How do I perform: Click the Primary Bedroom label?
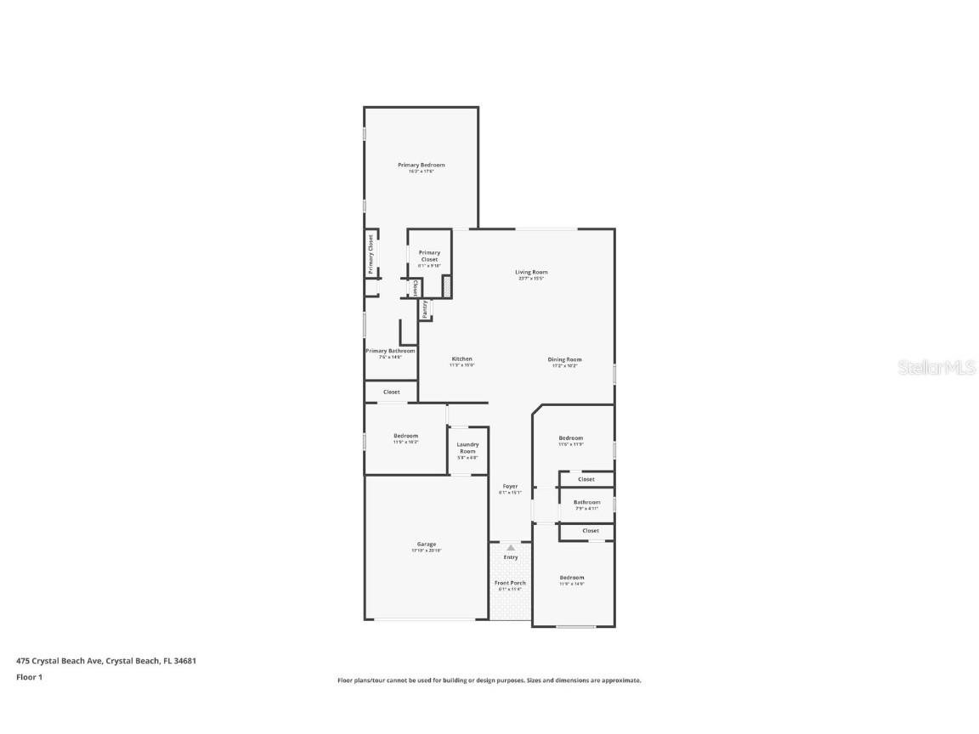(x=422, y=165)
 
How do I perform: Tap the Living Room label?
(x=531, y=272)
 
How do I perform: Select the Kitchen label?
(x=461, y=359)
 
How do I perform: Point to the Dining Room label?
(x=564, y=359)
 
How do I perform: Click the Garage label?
(x=426, y=544)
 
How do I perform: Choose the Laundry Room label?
(x=467, y=447)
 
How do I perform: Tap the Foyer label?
(x=510, y=486)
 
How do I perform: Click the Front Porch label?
(x=510, y=583)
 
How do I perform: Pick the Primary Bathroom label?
(x=390, y=351)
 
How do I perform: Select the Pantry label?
(x=424, y=309)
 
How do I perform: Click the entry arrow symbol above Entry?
(x=511, y=548)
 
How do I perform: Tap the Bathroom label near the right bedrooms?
(x=586, y=502)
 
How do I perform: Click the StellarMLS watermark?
(x=926, y=367)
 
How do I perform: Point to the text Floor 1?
(x=29, y=677)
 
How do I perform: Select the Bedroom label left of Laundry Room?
(x=405, y=436)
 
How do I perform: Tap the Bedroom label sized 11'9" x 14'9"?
(x=571, y=578)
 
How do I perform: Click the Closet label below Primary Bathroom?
(x=391, y=392)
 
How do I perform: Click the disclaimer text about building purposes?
(x=489, y=680)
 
